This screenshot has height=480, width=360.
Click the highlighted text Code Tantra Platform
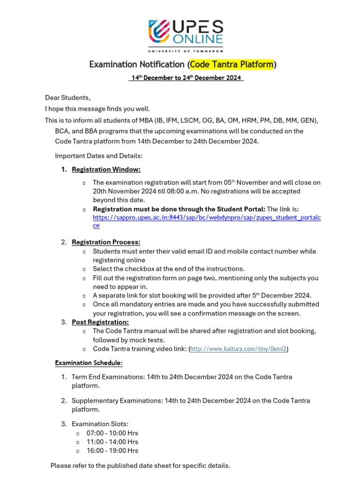[x=232, y=64]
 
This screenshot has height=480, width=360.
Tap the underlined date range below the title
[x=186, y=78]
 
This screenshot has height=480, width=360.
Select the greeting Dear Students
[x=67, y=97]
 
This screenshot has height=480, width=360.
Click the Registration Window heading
[x=106, y=169]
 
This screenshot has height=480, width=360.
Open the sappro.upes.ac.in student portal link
[x=207, y=217]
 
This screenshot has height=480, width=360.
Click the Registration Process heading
[x=106, y=242]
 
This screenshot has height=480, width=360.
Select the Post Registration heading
[x=100, y=322]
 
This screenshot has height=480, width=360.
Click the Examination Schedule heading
[x=89, y=363]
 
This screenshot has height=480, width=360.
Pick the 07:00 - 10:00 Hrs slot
[x=112, y=433]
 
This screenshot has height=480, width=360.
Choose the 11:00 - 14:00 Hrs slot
[x=112, y=442]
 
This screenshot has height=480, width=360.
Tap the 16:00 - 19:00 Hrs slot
[x=112, y=450]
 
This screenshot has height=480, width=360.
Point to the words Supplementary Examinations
[x=116, y=401]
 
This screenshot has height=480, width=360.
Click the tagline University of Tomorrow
[x=186, y=50]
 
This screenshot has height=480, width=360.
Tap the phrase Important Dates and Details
[x=98, y=156]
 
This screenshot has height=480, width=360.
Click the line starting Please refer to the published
[x=140, y=465]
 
